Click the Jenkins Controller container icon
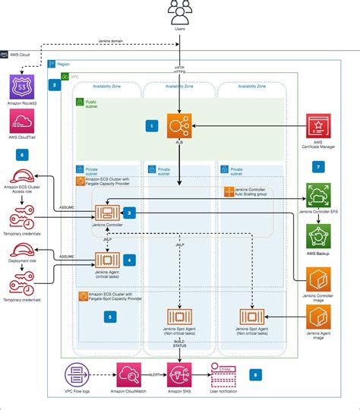point(104,215)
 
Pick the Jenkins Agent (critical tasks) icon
point(104,260)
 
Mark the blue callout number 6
point(21,155)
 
